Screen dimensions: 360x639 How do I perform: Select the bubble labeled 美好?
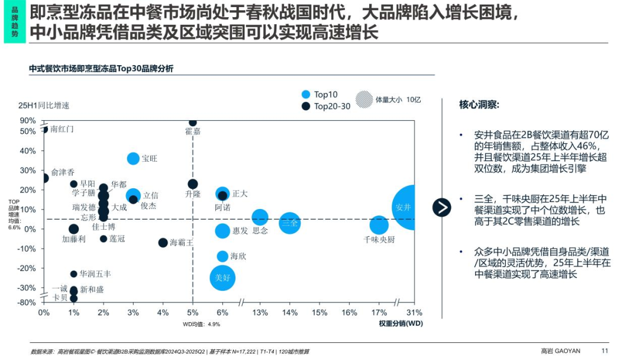[222, 277]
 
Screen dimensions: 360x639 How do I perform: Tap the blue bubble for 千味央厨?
[379, 225]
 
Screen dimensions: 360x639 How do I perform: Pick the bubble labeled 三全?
[290, 223]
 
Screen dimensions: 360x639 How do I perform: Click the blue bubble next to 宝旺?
[133, 158]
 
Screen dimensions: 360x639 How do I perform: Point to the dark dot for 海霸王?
[163, 243]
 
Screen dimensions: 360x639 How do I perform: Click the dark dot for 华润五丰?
[73, 274]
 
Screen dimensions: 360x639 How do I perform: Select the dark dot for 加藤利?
[73, 229]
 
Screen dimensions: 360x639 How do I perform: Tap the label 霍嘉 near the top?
[193, 131]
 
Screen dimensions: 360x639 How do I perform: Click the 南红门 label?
[62, 128]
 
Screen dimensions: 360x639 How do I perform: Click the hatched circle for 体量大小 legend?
[364, 99]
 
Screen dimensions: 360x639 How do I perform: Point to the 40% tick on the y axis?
[28, 150]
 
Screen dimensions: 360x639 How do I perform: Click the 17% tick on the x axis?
[379, 313]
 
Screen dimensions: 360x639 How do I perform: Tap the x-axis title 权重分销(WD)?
[401, 323]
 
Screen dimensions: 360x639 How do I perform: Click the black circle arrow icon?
[441, 207]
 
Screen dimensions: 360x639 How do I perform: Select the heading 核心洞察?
[479, 105]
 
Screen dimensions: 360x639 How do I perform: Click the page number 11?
[604, 350]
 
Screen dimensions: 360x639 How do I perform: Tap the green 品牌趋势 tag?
[15, 22]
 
